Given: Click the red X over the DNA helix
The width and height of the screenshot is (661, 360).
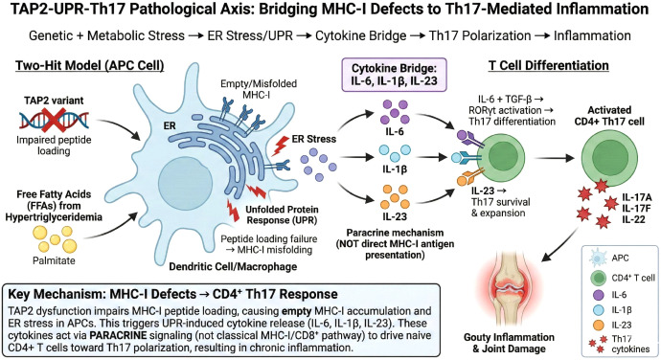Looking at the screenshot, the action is point(54,120).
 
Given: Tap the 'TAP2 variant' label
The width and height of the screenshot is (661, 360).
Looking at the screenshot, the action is point(54,101).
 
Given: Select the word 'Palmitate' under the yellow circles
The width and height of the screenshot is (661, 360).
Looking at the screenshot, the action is point(54,260).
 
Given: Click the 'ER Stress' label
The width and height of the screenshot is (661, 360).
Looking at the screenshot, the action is point(314,139).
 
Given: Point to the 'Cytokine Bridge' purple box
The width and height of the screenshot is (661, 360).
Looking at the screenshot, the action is point(394,75).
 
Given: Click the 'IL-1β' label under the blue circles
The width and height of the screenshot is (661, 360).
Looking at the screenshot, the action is point(395,169).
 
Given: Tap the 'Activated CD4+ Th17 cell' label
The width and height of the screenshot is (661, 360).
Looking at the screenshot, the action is point(609,116).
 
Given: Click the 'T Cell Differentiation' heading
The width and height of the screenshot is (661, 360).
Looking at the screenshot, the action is point(549,66).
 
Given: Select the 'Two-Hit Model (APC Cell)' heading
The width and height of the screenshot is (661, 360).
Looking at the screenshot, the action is point(90,66).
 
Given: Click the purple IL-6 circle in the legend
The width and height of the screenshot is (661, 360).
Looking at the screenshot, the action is point(598,295).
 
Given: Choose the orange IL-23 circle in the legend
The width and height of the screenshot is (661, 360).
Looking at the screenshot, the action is point(598,325).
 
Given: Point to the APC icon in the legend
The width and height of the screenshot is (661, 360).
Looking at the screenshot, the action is point(598,258).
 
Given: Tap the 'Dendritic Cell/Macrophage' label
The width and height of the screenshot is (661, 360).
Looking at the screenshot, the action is point(233,266).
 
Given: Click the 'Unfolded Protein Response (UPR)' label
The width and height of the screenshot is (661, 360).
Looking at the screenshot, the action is point(282,214).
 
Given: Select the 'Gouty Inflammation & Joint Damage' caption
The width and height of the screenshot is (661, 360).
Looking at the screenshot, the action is point(510,343).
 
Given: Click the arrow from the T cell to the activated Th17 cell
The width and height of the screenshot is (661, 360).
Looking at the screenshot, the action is point(554,158).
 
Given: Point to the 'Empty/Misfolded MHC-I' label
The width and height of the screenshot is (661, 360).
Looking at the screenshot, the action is point(259,89).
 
